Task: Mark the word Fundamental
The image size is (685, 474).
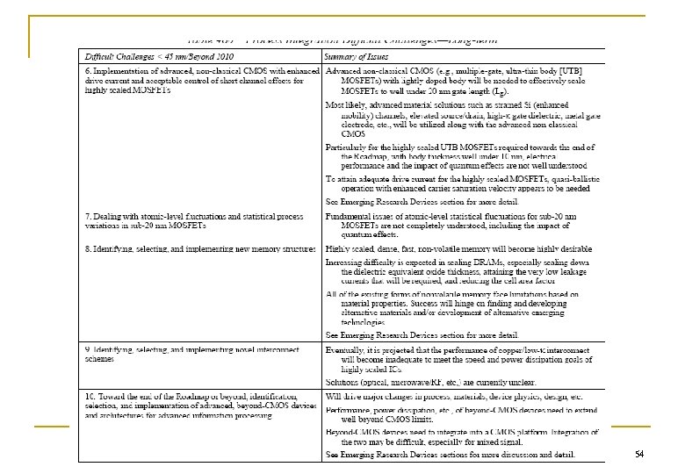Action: [x=352, y=216]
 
